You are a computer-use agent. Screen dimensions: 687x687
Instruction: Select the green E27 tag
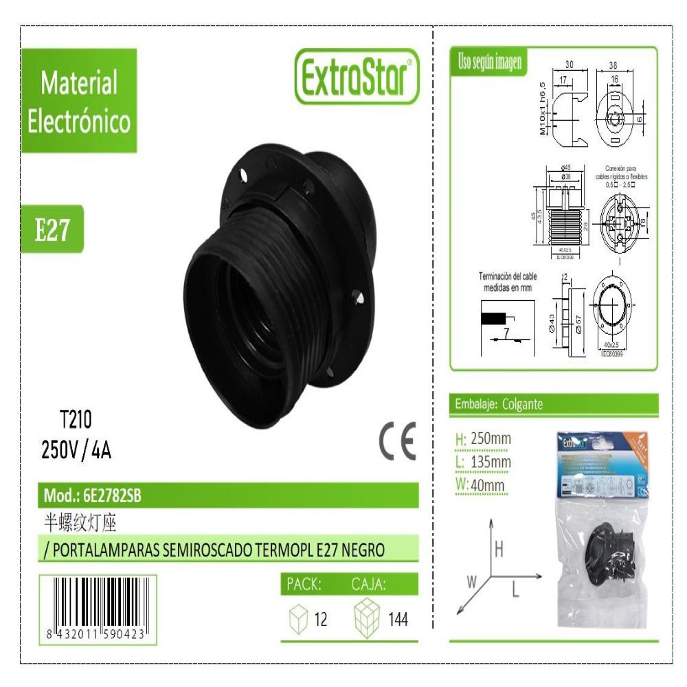[x=53, y=232]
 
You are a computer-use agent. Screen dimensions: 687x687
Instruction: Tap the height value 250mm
[x=491, y=439]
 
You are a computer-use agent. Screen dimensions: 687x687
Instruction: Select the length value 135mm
[x=491, y=462]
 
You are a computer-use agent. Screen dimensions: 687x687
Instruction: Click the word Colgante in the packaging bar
[x=523, y=405]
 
